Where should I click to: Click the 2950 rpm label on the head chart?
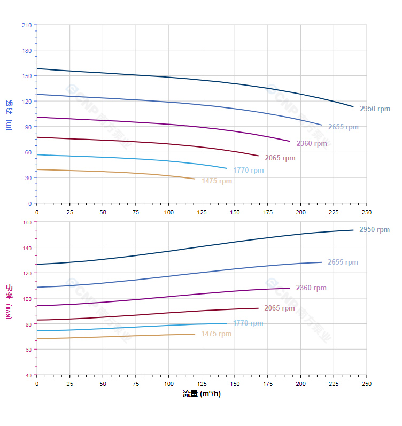click(x=375, y=109)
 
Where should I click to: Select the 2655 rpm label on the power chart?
click(x=343, y=262)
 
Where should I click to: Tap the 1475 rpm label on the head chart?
click(x=217, y=181)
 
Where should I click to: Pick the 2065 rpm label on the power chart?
click(x=279, y=308)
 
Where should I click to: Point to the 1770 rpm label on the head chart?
click(x=248, y=171)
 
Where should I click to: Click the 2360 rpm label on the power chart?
click(x=311, y=288)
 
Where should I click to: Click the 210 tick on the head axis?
click(x=27, y=25)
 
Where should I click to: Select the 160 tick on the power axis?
click(x=27, y=222)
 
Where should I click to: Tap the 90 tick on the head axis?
click(x=28, y=127)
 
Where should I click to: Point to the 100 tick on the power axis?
click(x=27, y=298)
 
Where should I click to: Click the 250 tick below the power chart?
click(x=367, y=384)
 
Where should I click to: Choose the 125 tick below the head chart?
click(x=202, y=212)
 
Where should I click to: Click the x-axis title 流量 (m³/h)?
click(x=202, y=394)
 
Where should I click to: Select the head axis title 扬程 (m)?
click(x=9, y=114)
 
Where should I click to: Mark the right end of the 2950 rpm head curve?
click(x=353, y=106)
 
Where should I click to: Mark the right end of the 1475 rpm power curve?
click(x=195, y=334)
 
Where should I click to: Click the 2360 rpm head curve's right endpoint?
click(x=290, y=142)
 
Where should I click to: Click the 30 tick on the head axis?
click(x=28, y=177)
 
